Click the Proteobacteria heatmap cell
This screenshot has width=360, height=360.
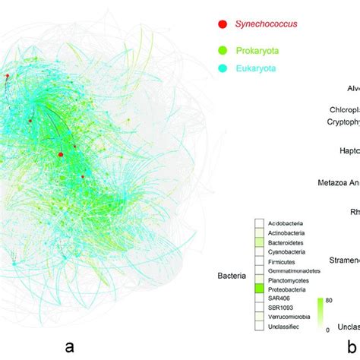coord(260,288)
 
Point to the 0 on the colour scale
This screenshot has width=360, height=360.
coord(327,330)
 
